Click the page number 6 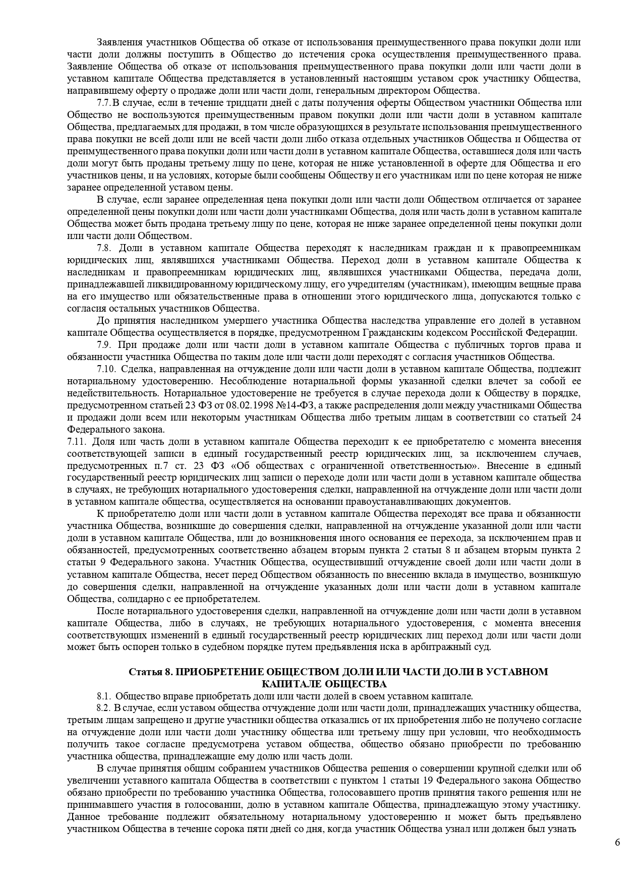(617, 843)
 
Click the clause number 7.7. (103, 103)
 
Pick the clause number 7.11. (77, 442)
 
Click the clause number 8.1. (104, 696)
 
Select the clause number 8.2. (104, 709)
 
